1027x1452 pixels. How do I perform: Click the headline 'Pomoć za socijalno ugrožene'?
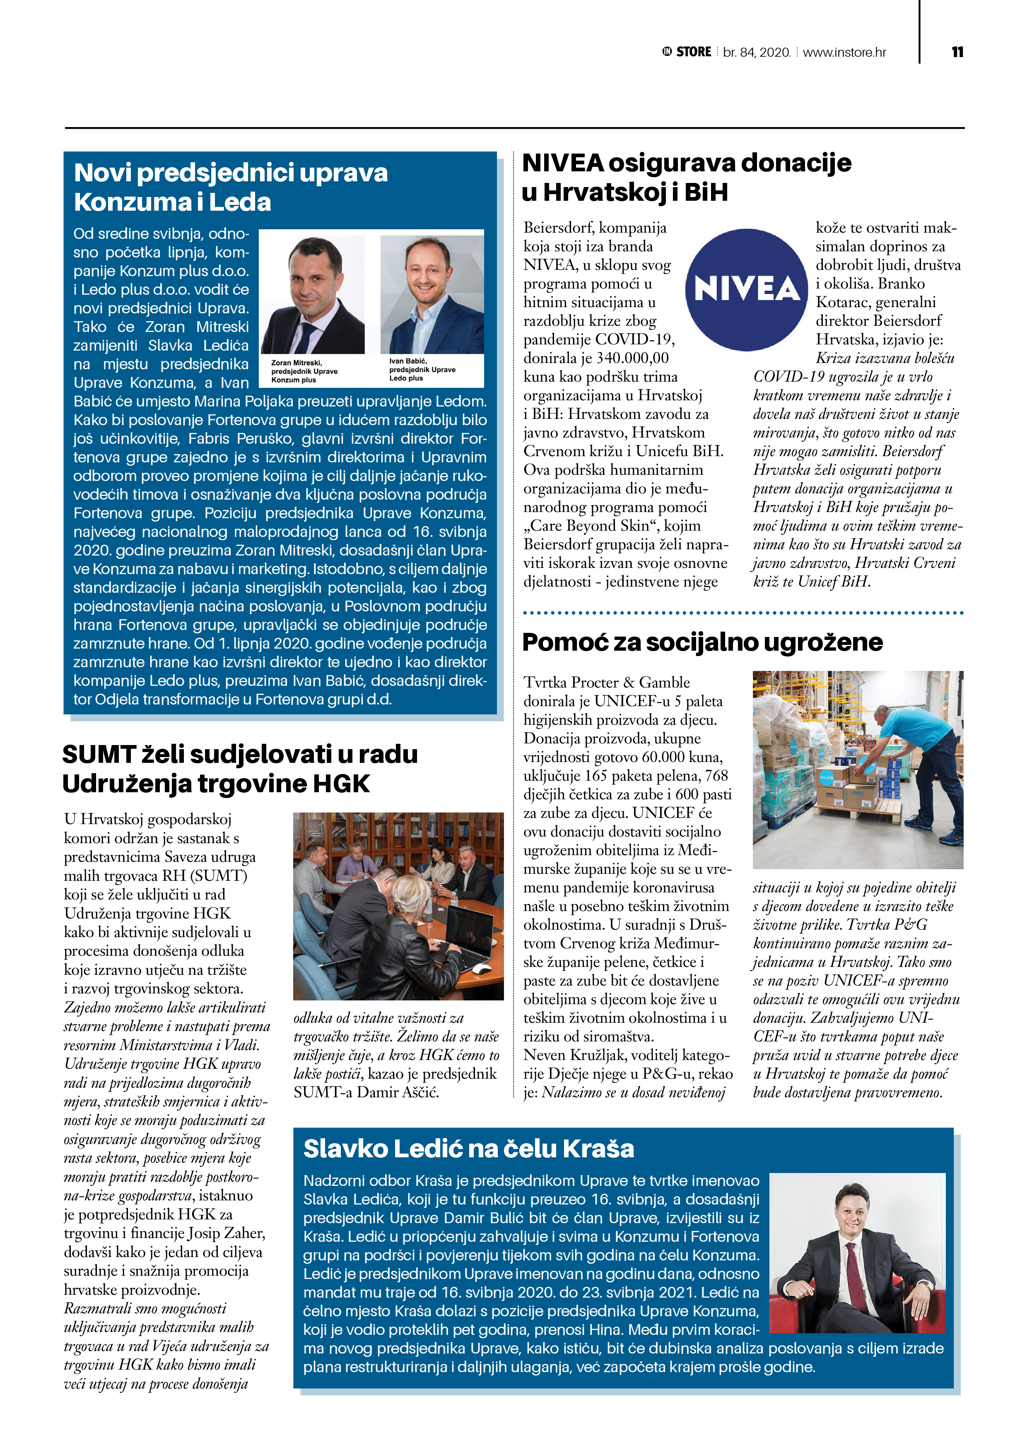(702, 642)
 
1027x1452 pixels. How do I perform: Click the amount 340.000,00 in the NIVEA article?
(632, 358)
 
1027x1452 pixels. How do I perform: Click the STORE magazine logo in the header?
(687, 52)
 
